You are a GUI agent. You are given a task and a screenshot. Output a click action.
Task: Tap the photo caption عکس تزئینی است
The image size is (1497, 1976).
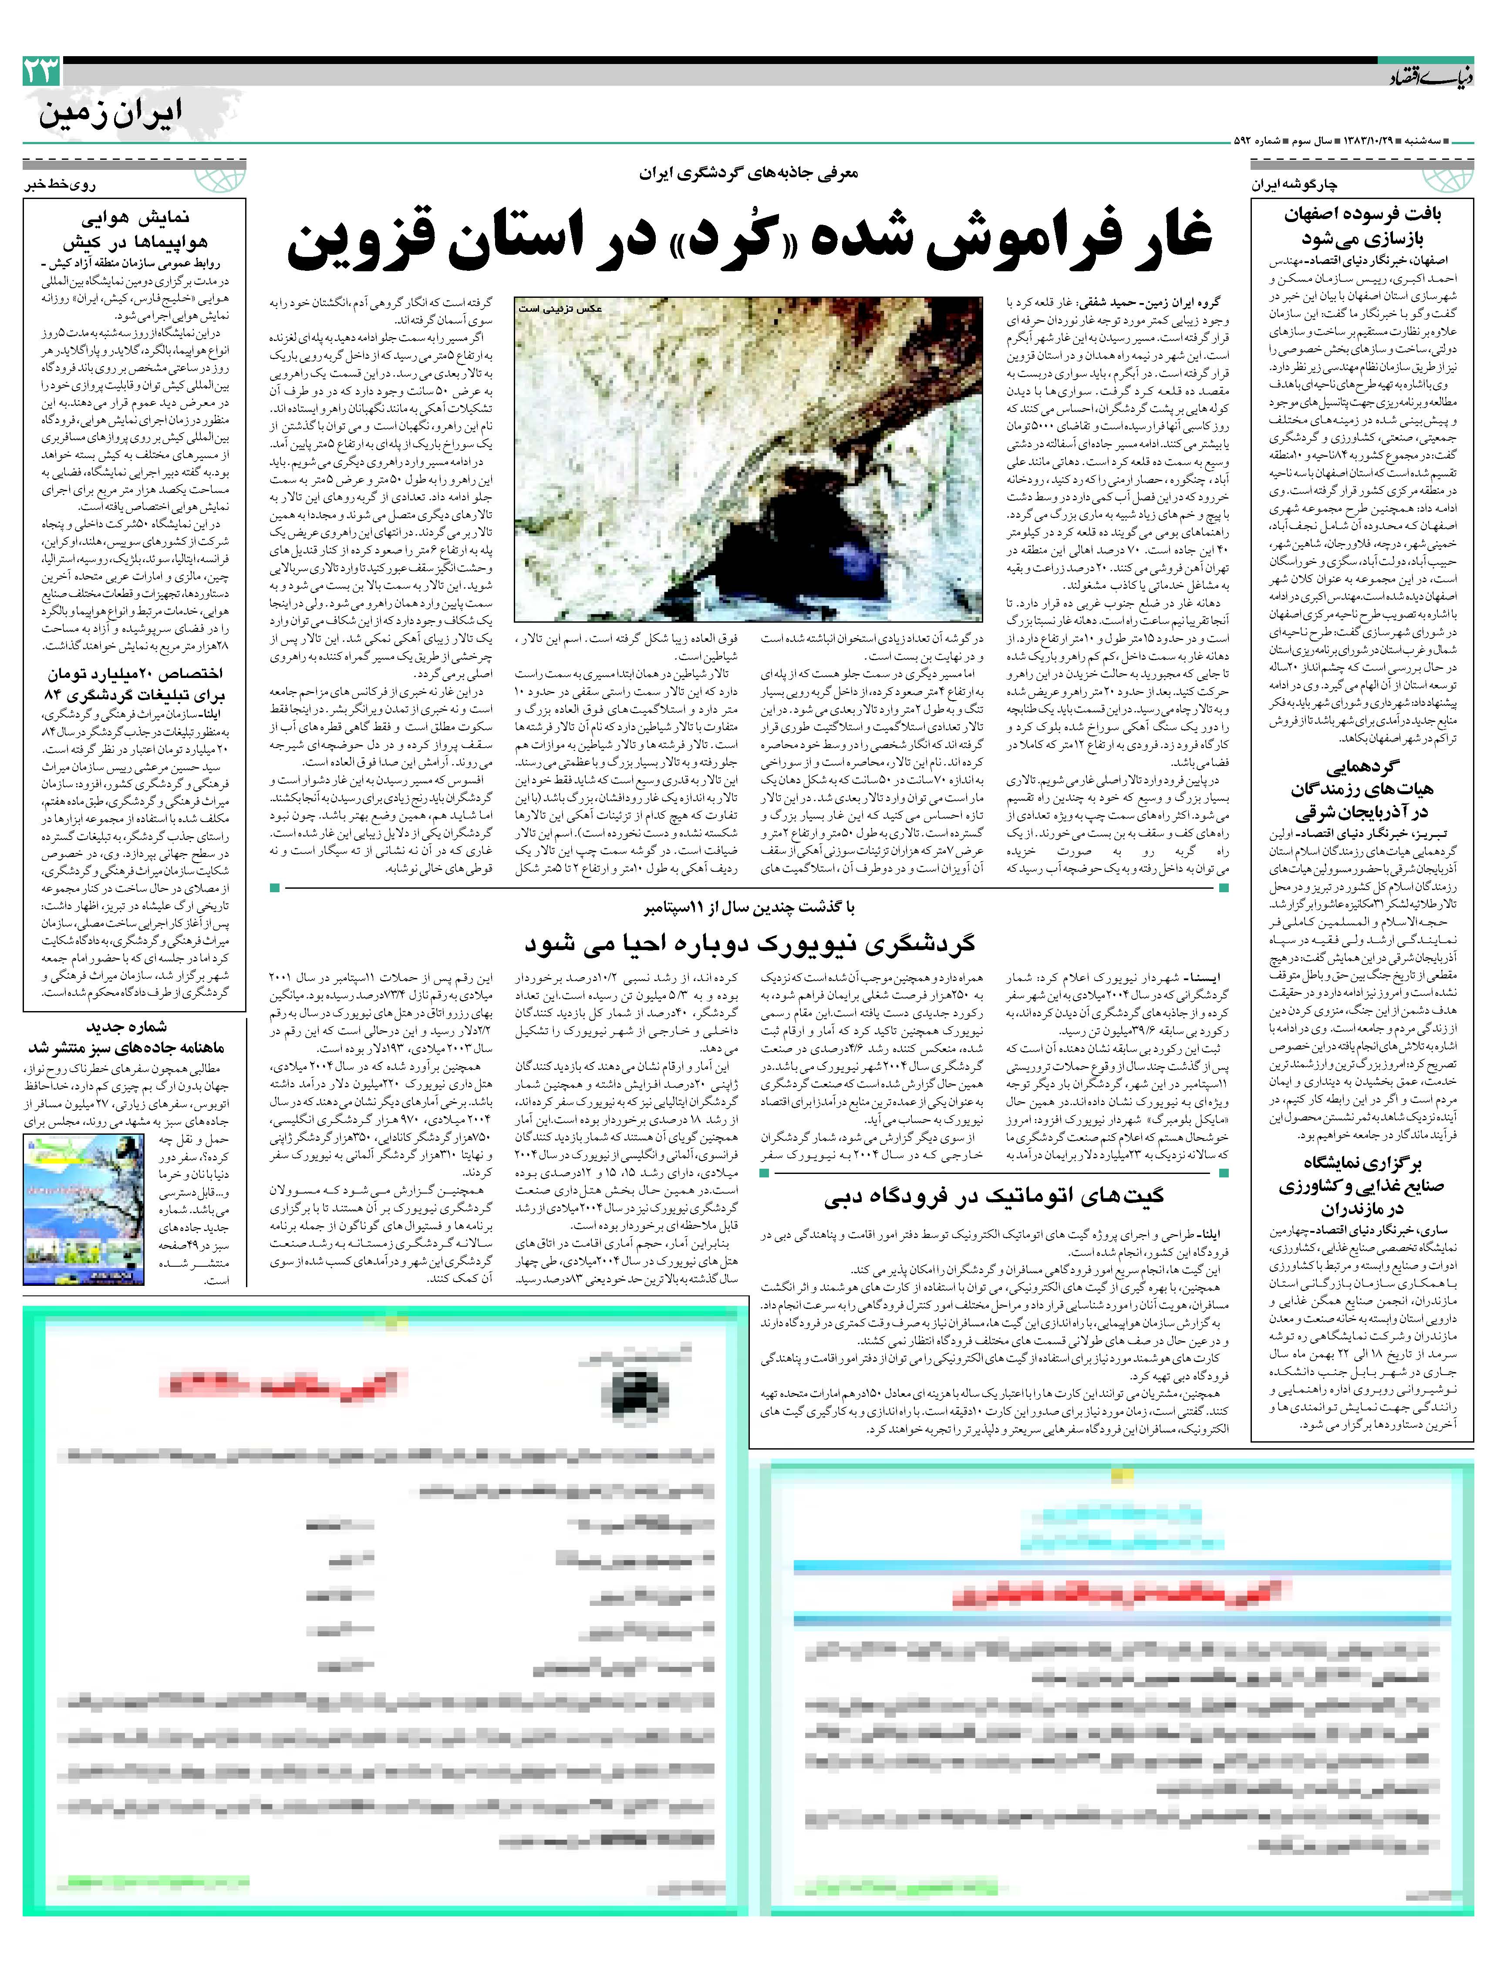click(x=560, y=308)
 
